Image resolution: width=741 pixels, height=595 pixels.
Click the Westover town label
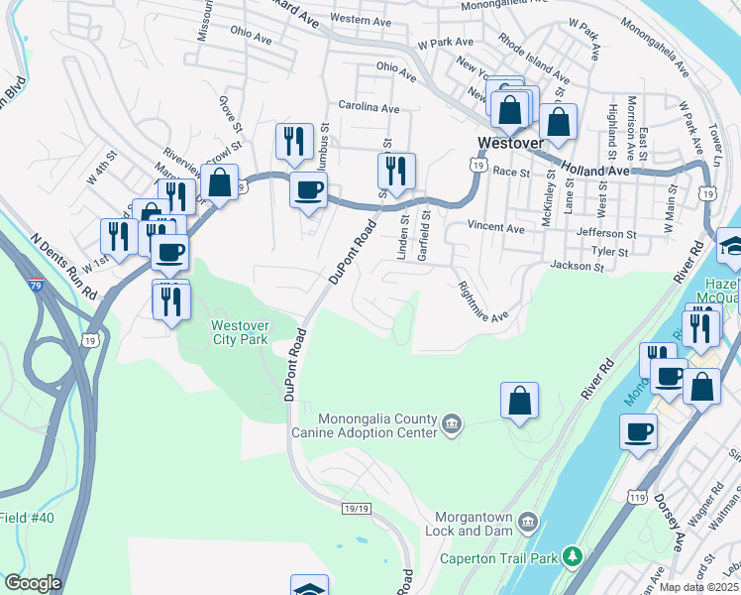509,143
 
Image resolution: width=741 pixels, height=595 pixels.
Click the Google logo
33,583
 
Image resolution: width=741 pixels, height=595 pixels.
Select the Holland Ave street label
594,170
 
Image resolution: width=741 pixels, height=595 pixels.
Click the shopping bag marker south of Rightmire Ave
519,401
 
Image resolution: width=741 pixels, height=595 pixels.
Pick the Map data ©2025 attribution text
698,587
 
